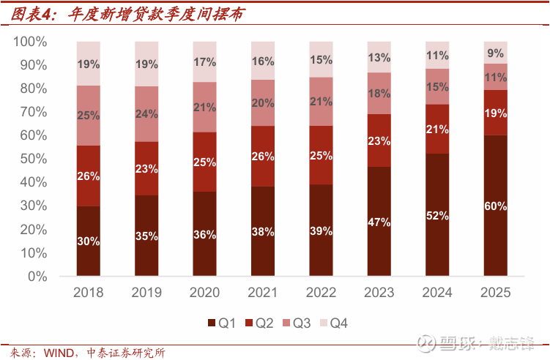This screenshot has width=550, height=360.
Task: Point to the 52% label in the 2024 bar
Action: coord(437,216)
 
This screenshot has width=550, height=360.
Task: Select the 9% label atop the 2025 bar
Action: coord(495,53)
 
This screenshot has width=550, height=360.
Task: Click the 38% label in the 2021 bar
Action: coord(262,232)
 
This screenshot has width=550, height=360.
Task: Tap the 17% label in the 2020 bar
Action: coord(204,62)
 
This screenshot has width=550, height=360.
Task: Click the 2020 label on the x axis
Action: coord(204,293)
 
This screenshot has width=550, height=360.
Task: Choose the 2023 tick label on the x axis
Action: coord(379,293)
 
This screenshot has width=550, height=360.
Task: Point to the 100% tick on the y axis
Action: coord(30,42)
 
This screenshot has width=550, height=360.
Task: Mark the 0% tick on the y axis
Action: coord(37,277)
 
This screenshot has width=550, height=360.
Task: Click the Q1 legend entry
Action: coord(222,323)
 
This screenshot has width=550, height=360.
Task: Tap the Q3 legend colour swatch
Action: coord(286,323)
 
